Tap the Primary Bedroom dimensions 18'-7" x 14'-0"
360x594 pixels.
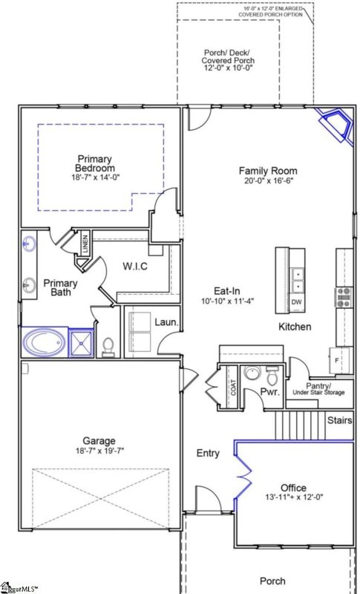tap(94, 177)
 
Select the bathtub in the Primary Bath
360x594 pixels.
tap(45, 344)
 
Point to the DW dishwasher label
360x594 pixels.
tap(296, 303)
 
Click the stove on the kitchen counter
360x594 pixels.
tap(344, 297)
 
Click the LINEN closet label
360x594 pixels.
tap(85, 244)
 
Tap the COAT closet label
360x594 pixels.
tap(232, 387)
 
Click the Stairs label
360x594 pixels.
tap(340, 420)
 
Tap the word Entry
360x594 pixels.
tap(207, 453)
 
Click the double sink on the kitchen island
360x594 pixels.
tap(297, 280)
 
